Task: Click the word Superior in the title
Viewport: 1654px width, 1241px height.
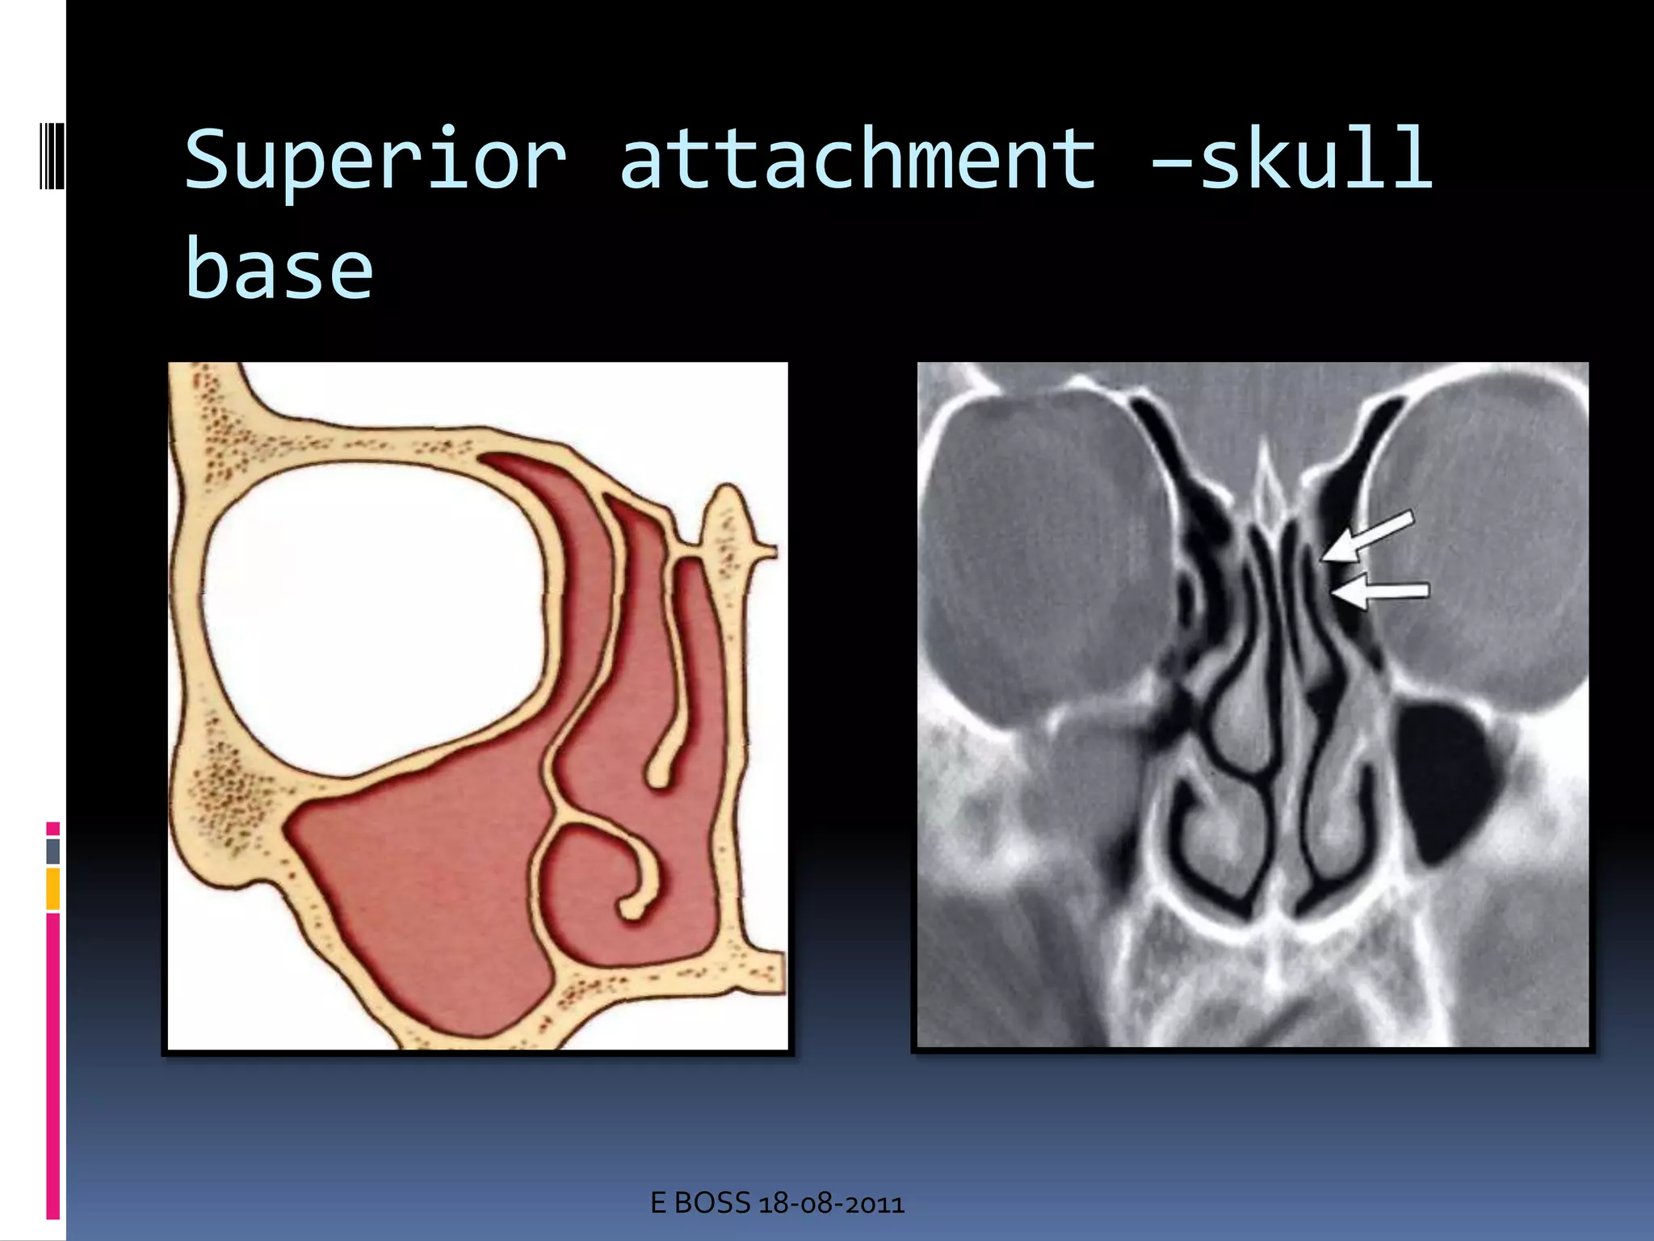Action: click(376, 160)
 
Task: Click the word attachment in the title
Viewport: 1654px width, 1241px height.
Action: click(858, 160)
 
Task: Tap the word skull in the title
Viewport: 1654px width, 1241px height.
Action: click(1316, 160)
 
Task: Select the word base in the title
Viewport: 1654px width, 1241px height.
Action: click(279, 269)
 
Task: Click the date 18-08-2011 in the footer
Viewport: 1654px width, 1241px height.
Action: click(831, 1204)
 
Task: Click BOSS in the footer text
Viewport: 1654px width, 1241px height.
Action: click(712, 1204)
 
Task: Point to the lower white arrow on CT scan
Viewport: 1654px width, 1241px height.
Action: click(1381, 592)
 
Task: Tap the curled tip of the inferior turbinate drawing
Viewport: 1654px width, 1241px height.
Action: click(634, 905)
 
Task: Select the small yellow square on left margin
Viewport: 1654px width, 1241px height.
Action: click(52, 889)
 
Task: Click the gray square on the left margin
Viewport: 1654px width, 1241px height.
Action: click(52, 851)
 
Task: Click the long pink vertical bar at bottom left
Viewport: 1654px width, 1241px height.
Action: click(52, 1066)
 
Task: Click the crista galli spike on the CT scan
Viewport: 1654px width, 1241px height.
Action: click(1266, 485)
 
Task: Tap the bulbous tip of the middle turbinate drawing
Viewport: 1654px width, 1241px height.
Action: click(660, 772)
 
